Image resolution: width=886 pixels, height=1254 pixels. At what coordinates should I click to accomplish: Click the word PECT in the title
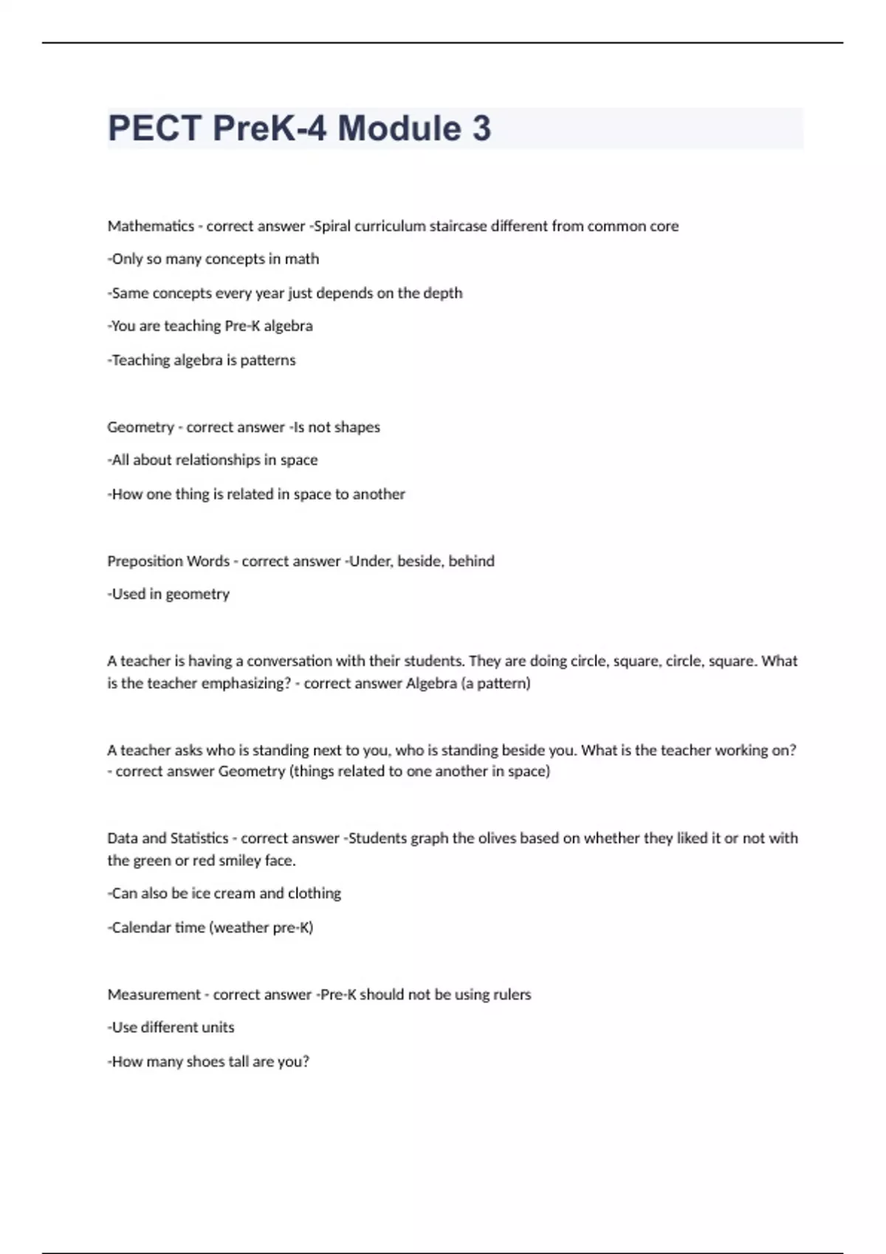[x=154, y=128]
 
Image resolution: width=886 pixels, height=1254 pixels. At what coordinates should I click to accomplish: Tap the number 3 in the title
[x=481, y=128]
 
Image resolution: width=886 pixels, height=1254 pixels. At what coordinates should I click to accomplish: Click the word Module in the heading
[x=399, y=128]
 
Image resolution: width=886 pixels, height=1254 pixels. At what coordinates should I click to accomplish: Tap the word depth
[x=444, y=293]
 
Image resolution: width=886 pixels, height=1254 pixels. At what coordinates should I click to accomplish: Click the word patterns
[x=268, y=360]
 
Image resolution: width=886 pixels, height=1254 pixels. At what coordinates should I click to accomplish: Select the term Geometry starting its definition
[x=140, y=427]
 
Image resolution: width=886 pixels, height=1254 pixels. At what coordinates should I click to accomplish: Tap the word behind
[x=472, y=561]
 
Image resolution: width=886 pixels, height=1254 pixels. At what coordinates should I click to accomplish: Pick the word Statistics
[x=199, y=838]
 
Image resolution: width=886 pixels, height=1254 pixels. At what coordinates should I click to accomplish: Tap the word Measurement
[x=154, y=994]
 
